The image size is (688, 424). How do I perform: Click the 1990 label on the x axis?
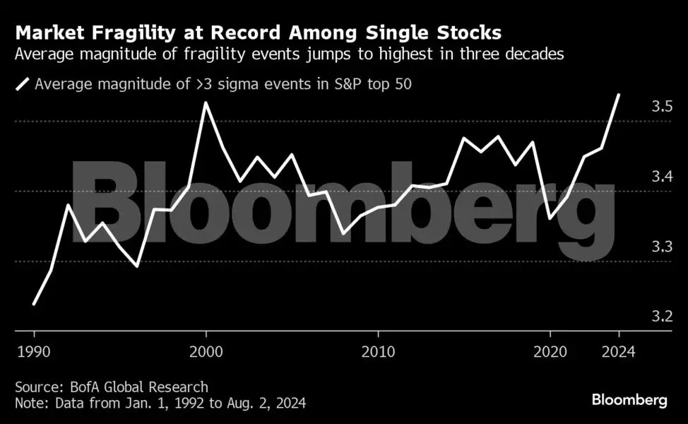pyautogui.click(x=34, y=351)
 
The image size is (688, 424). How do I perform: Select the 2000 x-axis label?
pyautogui.click(x=206, y=351)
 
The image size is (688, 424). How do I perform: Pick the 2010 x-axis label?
pyautogui.click(x=377, y=351)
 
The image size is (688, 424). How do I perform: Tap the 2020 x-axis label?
pyautogui.click(x=550, y=351)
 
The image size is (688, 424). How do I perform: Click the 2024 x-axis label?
pyautogui.click(x=619, y=351)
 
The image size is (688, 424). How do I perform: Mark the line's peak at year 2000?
pyautogui.click(x=206, y=102)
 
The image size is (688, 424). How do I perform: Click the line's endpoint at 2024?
pyautogui.click(x=619, y=94)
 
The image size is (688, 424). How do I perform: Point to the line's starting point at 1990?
pyautogui.click(x=34, y=304)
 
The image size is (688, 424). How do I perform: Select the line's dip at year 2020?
pyautogui.click(x=550, y=218)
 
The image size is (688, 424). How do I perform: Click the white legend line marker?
pyautogui.click(x=23, y=85)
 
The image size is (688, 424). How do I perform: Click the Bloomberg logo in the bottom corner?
pyautogui.click(x=629, y=400)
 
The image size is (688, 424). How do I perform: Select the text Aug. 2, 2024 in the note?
pyautogui.click(x=271, y=404)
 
